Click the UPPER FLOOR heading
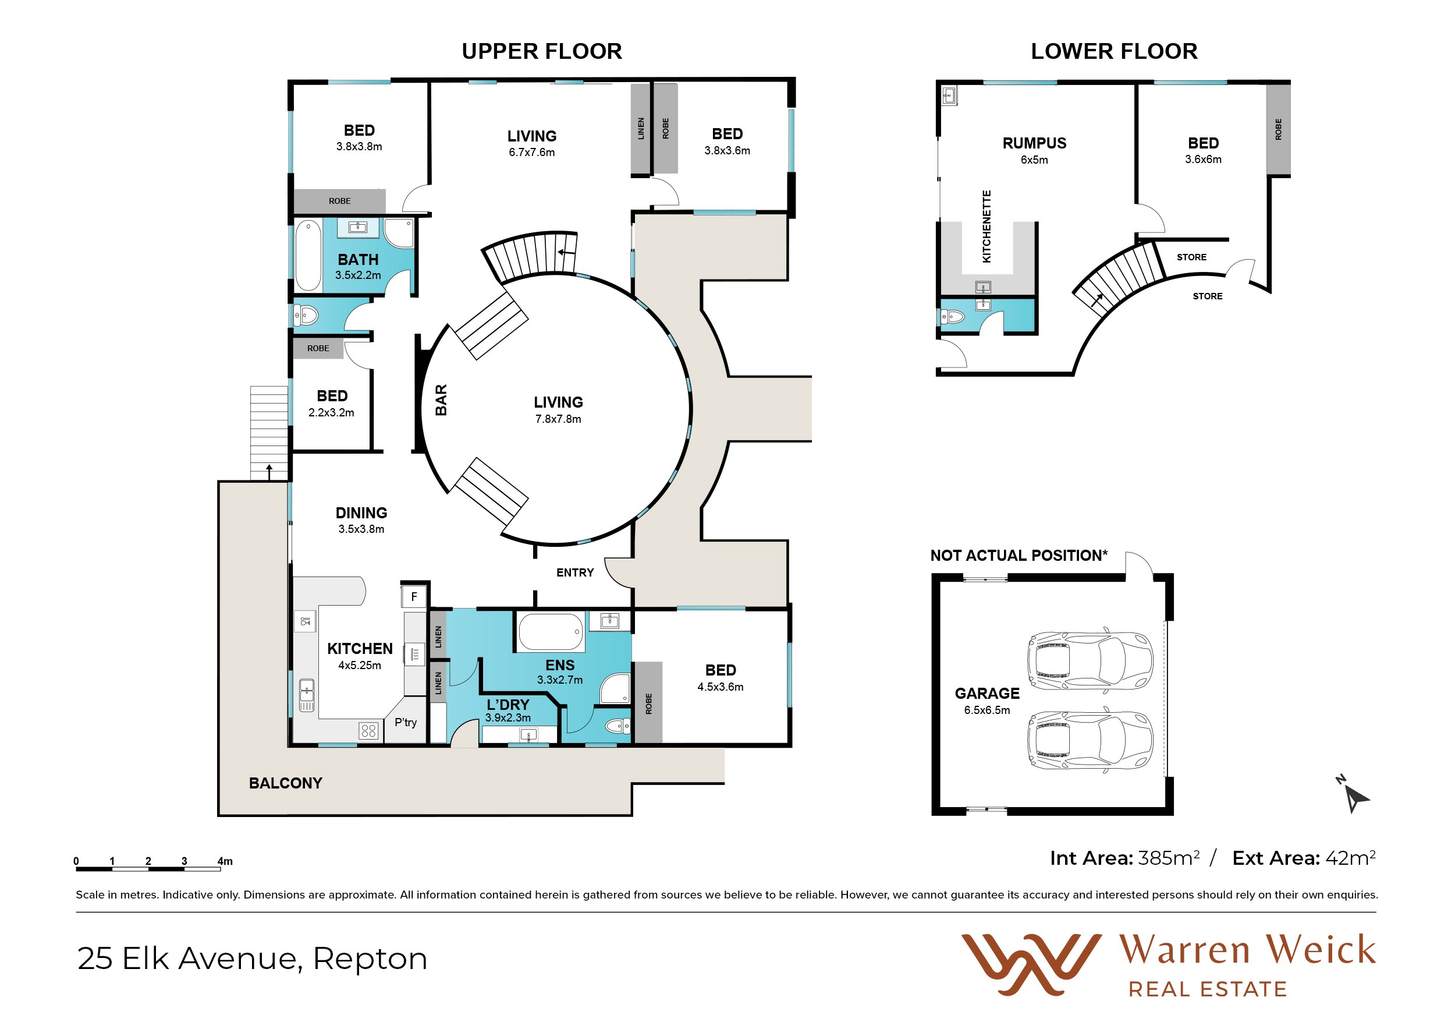(542, 51)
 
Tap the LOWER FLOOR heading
(1114, 51)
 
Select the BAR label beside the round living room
(441, 400)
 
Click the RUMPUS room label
(1034, 143)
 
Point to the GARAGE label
(987, 694)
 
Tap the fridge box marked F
(414, 596)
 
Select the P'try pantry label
(406, 722)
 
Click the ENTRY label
(575, 572)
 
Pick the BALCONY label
(285, 783)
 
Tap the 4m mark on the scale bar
(225, 861)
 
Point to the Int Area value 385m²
(1169, 858)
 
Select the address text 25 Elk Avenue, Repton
(252, 958)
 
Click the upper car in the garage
(1090, 660)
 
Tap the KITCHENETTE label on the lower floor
(986, 227)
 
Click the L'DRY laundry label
(508, 705)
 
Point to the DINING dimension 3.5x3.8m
(361, 529)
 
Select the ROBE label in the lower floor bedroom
(1278, 129)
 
